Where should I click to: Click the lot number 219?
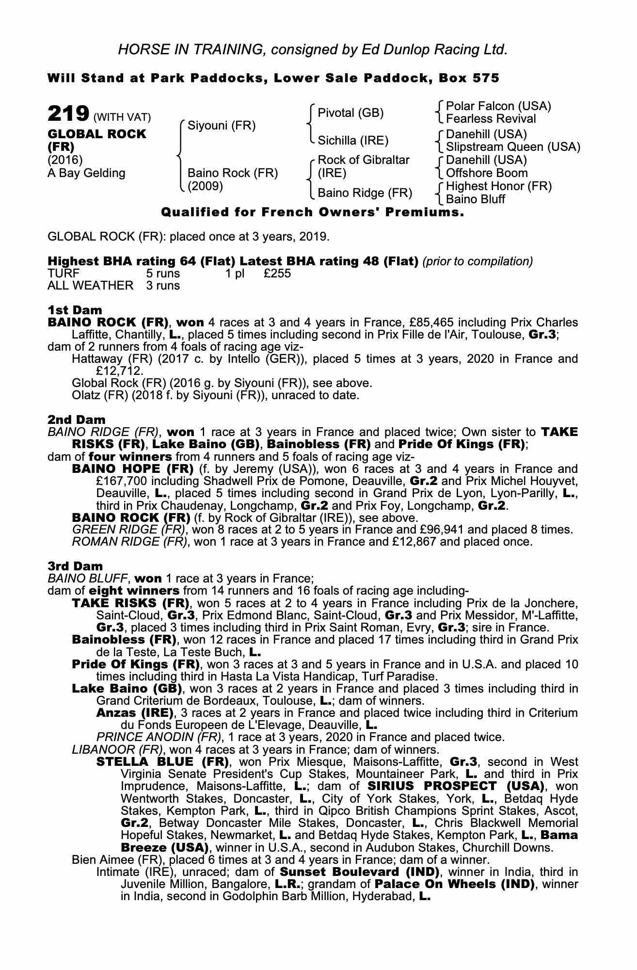point(68,114)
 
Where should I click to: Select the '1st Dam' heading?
point(75,310)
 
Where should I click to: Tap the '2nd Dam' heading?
point(76,419)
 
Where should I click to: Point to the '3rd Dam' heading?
point(75,566)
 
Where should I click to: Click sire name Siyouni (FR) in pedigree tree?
point(221,126)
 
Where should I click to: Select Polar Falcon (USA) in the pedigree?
point(498,106)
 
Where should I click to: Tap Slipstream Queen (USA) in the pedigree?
point(513,147)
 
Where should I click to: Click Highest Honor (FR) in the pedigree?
point(498,186)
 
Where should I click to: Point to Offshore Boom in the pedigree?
point(486,173)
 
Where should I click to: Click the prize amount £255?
point(277,274)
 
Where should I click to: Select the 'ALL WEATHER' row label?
point(90,286)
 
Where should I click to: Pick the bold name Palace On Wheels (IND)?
point(454,884)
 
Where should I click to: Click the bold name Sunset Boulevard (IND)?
point(359,872)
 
